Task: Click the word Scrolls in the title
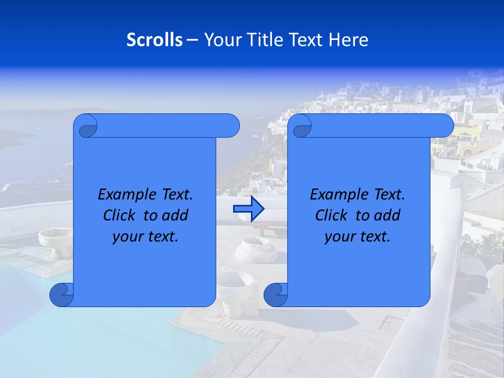click(x=154, y=40)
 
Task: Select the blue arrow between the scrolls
click(x=248, y=209)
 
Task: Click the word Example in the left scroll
click(x=124, y=195)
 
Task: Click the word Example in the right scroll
click(x=336, y=195)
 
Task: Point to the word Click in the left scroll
click(x=121, y=215)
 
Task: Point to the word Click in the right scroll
click(x=333, y=215)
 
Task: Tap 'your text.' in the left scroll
click(x=145, y=236)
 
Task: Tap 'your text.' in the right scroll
click(x=358, y=236)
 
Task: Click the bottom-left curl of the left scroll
click(x=61, y=295)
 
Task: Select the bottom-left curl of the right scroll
click(x=275, y=295)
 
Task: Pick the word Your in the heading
click(x=220, y=40)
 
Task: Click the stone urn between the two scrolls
click(x=256, y=249)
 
